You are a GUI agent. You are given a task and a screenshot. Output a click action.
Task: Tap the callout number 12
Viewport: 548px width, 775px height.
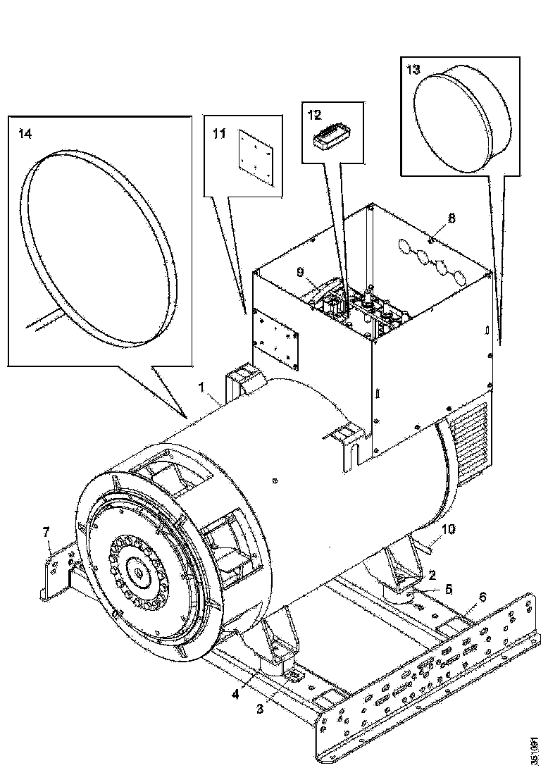[314, 113]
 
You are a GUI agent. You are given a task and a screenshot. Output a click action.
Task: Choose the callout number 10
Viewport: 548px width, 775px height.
[448, 529]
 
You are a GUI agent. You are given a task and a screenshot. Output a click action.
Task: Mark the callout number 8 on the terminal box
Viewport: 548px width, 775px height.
[452, 218]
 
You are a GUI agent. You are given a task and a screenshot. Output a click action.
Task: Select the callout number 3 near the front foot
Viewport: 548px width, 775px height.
[260, 709]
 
